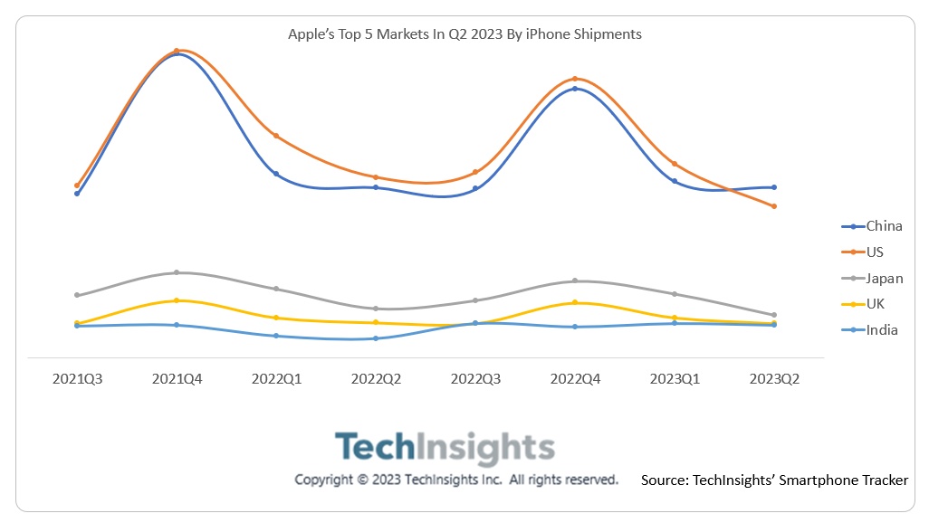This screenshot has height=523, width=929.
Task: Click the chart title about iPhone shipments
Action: click(x=464, y=34)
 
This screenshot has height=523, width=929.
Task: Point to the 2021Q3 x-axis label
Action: click(x=77, y=379)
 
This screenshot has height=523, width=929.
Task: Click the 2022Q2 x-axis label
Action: click(x=376, y=379)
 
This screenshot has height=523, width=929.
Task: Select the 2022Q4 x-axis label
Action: click(x=575, y=379)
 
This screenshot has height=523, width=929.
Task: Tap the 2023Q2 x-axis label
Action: click(x=774, y=379)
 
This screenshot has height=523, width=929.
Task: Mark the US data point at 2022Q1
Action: click(x=276, y=136)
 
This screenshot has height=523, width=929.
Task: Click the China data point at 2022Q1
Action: click(x=276, y=174)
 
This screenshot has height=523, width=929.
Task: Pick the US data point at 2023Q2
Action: click(x=774, y=206)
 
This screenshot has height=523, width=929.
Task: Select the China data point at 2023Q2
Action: click(x=774, y=187)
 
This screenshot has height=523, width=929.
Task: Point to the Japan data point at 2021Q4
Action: click(x=177, y=272)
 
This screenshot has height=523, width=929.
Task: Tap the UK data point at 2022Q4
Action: click(x=575, y=302)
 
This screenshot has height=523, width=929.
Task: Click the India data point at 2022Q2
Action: click(x=376, y=338)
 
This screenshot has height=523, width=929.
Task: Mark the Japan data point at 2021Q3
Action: click(x=77, y=295)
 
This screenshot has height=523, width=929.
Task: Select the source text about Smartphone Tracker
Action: click(x=774, y=480)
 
